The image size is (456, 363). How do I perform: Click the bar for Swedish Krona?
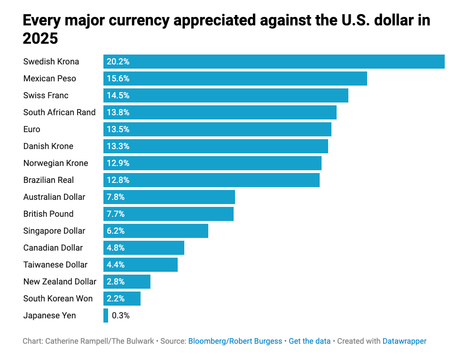[274, 62]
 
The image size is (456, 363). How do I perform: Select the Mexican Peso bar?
[235, 79]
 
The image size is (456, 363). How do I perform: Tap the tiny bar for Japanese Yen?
[106, 316]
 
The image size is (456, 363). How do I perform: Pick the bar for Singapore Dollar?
[156, 231]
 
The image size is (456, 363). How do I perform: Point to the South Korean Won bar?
[122, 299]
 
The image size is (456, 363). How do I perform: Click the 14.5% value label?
[118, 95]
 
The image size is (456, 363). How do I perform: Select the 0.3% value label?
[121, 316]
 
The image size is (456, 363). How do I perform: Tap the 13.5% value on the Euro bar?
[118, 129]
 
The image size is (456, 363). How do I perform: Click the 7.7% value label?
[116, 214]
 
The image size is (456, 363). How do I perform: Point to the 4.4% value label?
[116, 265]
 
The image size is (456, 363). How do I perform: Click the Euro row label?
[32, 129]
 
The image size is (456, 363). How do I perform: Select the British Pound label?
[48, 214]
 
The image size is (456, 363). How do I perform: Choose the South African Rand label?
[59, 112]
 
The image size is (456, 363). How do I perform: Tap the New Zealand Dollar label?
[60, 282]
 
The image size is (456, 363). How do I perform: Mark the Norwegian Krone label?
[55, 163]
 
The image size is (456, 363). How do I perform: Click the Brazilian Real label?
[48, 180]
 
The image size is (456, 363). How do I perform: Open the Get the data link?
[309, 341]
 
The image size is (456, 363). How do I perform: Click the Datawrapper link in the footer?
[404, 341]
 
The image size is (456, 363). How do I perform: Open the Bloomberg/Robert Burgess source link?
[235, 341]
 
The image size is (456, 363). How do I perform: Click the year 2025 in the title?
[40, 38]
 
